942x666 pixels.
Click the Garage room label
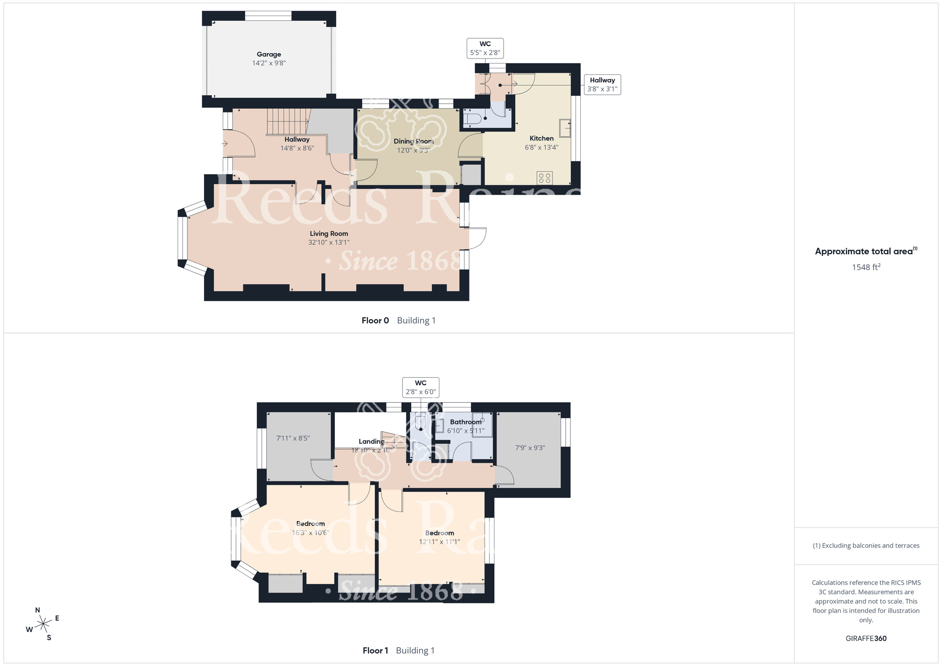(269, 54)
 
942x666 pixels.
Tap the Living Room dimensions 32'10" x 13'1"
(329, 243)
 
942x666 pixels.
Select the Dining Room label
(414, 141)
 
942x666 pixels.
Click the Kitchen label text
(542, 138)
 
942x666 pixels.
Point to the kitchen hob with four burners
(544, 178)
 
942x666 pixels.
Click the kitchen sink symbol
(565, 128)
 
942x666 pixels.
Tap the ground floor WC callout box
(485, 48)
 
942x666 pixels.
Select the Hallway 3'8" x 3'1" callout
(602, 84)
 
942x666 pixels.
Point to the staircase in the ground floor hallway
(288, 122)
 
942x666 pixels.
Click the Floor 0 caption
(398, 320)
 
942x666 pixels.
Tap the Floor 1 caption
(398, 650)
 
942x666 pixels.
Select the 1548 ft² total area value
(866, 267)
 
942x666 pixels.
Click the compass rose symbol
(43, 624)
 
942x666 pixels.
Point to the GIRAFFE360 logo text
(866, 639)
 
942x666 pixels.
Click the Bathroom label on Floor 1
(465, 422)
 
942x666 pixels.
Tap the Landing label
(371, 441)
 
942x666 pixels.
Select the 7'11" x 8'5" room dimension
(293, 438)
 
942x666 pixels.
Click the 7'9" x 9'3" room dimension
(530, 447)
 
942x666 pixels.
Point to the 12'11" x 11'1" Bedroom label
(439, 537)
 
